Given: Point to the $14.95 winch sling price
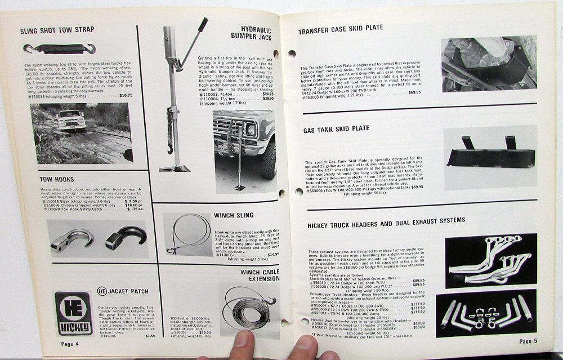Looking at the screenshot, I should (x=273, y=254).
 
